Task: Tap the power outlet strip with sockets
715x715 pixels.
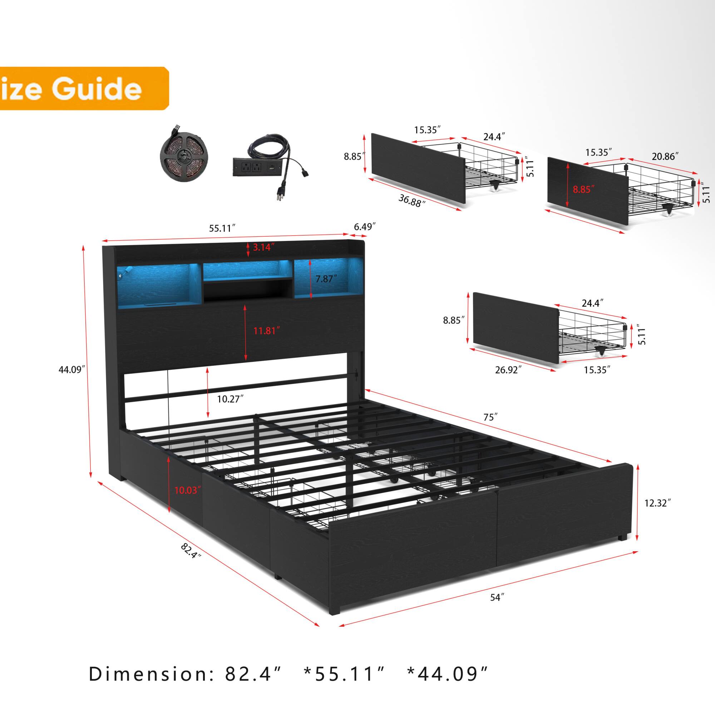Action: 258,167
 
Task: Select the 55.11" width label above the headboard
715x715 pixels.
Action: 222,228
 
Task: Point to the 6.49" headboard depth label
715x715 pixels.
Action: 365,227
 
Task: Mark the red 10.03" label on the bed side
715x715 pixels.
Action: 188,490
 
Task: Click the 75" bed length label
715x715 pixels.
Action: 491,417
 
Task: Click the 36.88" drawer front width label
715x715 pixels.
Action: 412,201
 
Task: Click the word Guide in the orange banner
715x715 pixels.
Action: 97,89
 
